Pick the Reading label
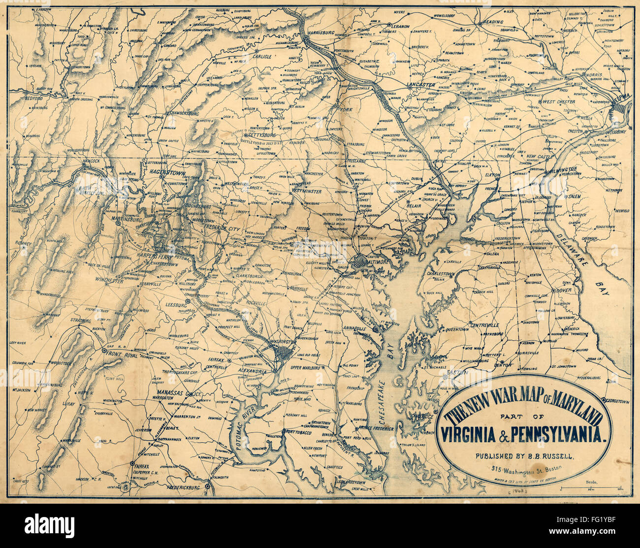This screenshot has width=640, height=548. pos(492,22)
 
